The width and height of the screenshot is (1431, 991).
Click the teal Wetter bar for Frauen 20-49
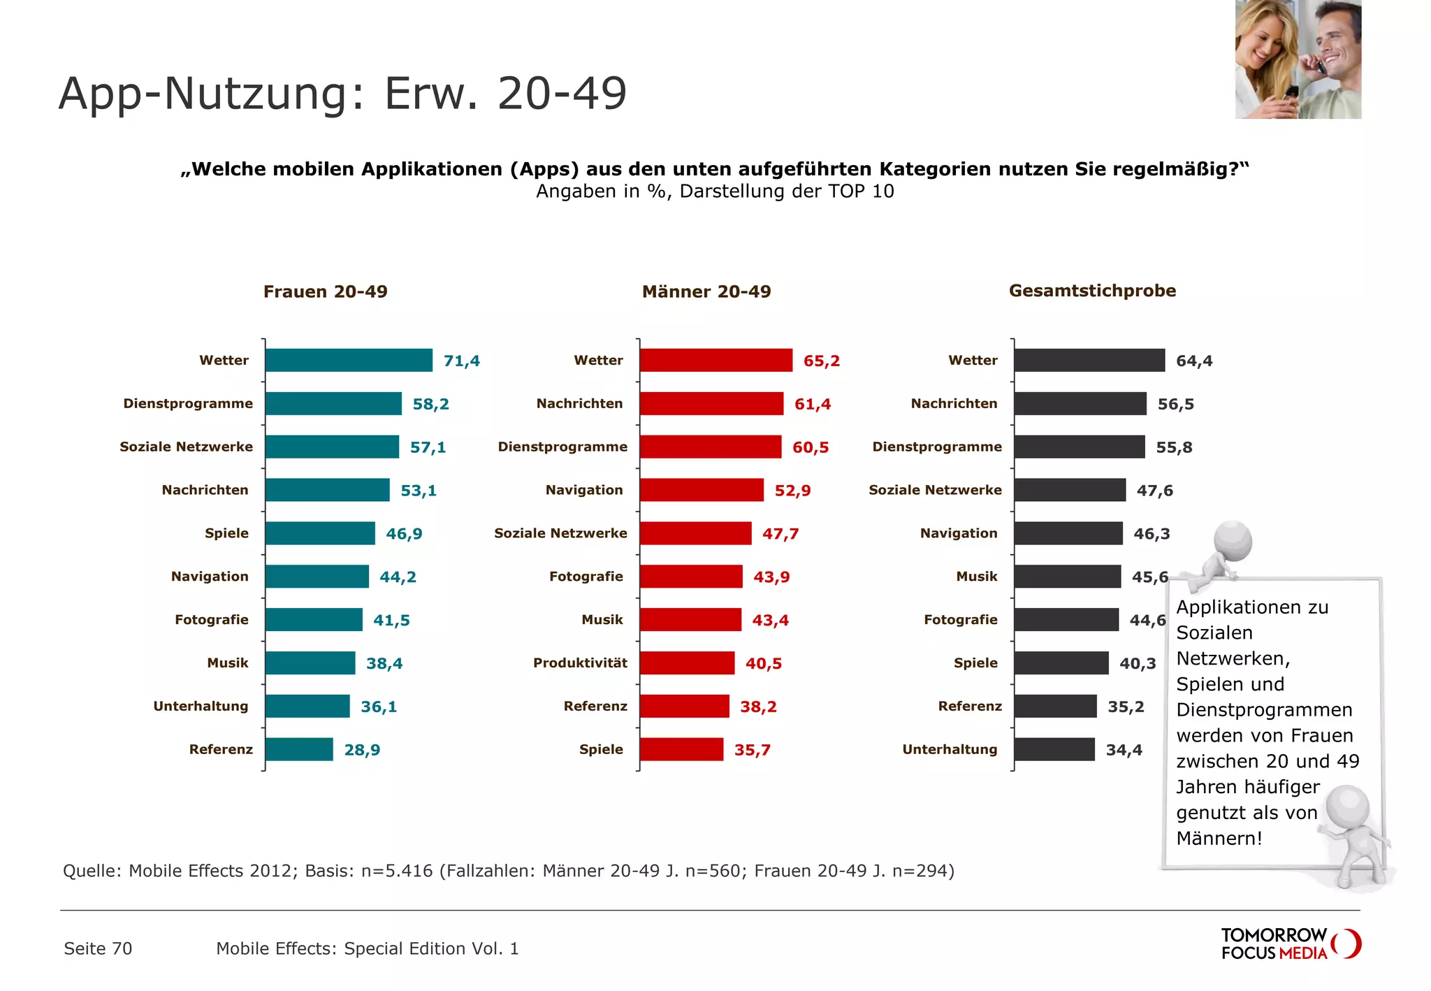click(x=349, y=361)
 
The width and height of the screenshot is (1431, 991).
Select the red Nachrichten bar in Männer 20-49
click(x=711, y=404)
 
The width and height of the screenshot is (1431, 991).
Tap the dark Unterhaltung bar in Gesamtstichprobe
click(x=1054, y=749)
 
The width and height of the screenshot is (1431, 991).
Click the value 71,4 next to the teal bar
click(x=461, y=361)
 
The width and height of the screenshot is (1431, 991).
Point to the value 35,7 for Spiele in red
click(x=752, y=750)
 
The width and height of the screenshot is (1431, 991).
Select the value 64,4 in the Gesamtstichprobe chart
click(x=1194, y=361)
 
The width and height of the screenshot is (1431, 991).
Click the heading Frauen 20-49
click(x=325, y=292)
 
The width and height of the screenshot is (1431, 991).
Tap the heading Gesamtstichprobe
click(x=1092, y=291)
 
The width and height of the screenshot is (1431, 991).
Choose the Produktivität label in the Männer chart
click(x=580, y=663)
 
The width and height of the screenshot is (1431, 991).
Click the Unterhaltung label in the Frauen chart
click(x=201, y=707)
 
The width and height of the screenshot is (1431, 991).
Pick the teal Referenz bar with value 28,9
click(x=299, y=749)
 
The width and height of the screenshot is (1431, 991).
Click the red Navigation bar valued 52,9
click(x=702, y=490)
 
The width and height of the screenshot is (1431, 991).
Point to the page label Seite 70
click(x=98, y=948)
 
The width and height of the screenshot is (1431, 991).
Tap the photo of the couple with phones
click(x=1298, y=59)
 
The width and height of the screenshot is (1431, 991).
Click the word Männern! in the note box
click(x=1219, y=839)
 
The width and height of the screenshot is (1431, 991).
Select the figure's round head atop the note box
click(x=1233, y=540)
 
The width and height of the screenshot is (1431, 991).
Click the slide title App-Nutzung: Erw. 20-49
click(x=342, y=94)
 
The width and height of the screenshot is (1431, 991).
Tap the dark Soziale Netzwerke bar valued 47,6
click(x=1070, y=490)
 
